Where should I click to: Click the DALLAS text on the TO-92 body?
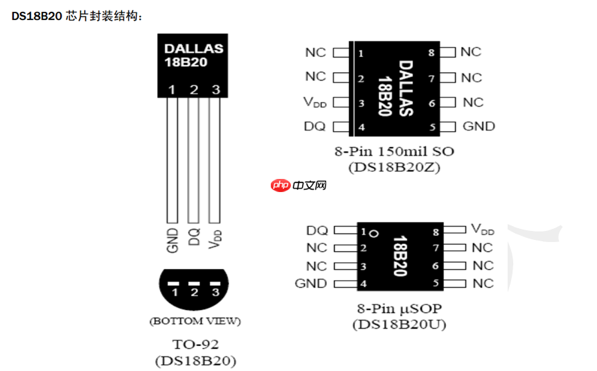(x=193, y=49)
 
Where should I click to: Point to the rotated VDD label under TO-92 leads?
(x=216, y=238)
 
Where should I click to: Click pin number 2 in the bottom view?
(x=195, y=293)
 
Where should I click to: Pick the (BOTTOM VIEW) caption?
(x=195, y=321)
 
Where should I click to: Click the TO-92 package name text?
(x=194, y=345)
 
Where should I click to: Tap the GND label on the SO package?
(x=479, y=126)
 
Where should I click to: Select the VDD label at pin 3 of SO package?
(x=314, y=103)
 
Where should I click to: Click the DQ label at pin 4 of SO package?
(x=314, y=126)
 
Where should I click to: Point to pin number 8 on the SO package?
(x=431, y=53)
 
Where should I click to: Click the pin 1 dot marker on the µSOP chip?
(x=373, y=232)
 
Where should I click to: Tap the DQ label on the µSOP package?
(x=317, y=230)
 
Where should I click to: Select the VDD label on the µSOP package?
(x=483, y=230)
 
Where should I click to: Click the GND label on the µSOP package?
(x=311, y=283)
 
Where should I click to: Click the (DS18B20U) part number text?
(x=399, y=324)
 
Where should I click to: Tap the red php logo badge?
(x=280, y=185)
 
